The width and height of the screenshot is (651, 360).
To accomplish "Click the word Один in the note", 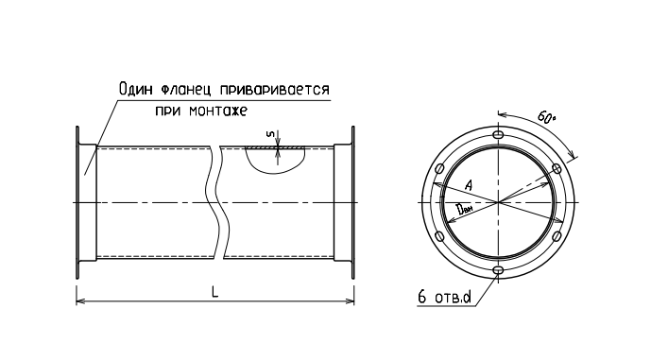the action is [x=136, y=89].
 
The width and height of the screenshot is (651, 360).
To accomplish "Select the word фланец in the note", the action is [x=185, y=90].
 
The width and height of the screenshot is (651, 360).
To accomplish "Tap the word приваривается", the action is [x=274, y=89].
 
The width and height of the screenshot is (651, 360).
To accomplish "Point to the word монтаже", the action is [x=218, y=111].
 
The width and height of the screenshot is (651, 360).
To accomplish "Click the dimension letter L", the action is [x=214, y=292].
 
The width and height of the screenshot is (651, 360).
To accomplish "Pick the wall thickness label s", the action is [x=270, y=134].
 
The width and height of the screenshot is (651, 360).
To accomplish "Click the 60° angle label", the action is [x=547, y=117].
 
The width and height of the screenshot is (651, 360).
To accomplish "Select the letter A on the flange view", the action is [x=468, y=185].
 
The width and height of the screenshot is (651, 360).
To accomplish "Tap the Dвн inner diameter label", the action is [x=463, y=209].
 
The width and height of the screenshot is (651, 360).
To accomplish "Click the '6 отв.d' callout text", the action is [x=444, y=298].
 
